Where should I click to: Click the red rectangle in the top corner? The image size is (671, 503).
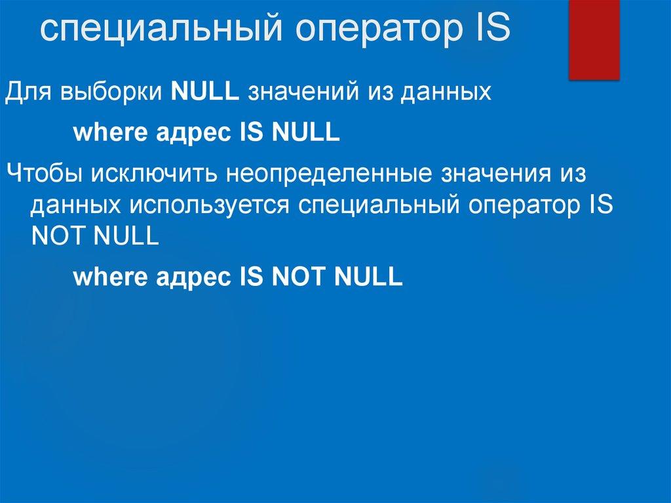[594, 39]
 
